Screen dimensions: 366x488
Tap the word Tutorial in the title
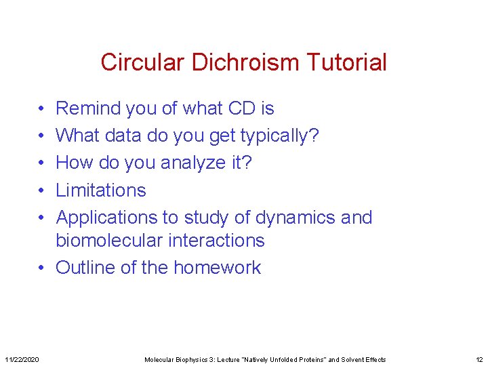(x=346, y=62)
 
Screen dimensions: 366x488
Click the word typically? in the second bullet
(x=280, y=136)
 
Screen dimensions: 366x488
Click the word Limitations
(x=100, y=190)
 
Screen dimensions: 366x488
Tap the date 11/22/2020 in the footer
(x=22, y=359)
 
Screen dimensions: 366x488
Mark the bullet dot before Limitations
(x=41, y=190)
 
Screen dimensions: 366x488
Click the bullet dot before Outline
(x=41, y=268)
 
